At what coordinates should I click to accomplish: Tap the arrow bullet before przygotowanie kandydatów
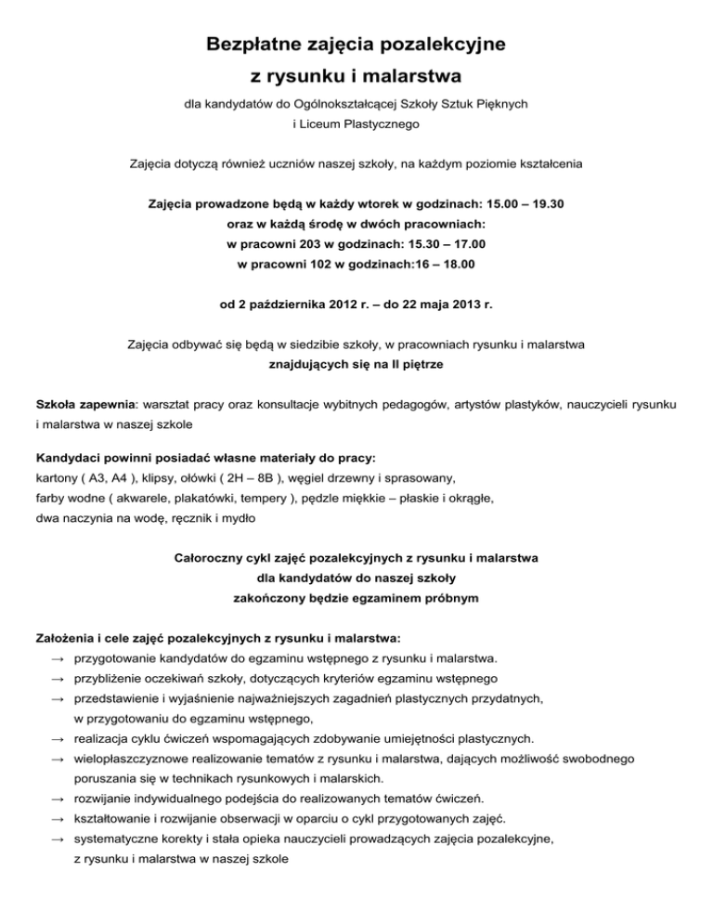[x=58, y=658]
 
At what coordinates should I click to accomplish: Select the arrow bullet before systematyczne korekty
[x=58, y=839]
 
